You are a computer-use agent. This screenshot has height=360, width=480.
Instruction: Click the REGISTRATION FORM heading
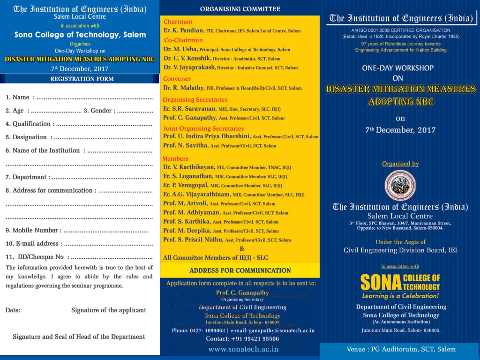pyautogui.click(x=82, y=79)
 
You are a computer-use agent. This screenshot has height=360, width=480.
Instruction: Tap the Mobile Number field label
pyautogui.click(x=32, y=230)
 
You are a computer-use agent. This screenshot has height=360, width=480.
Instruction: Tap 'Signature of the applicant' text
pyautogui.click(x=109, y=310)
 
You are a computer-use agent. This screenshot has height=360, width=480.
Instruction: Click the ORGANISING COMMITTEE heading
pyautogui.click(x=240, y=9)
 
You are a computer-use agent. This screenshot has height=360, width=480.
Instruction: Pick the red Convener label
pyautogui.click(x=177, y=79)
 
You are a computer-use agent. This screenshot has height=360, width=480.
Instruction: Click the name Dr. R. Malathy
pyautogui.click(x=182, y=88)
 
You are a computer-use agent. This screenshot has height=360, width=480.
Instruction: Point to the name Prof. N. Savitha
pyautogui.click(x=186, y=145)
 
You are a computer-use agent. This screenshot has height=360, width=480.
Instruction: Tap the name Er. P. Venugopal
pyautogui.click(x=186, y=185)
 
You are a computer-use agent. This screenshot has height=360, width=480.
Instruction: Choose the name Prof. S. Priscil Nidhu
pyautogui.click(x=193, y=240)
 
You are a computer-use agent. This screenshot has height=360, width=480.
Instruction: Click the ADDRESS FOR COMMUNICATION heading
pyautogui.click(x=240, y=270)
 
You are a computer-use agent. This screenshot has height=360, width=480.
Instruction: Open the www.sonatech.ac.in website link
pyautogui.click(x=243, y=349)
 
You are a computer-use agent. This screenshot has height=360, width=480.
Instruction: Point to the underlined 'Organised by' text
pyautogui.click(x=400, y=164)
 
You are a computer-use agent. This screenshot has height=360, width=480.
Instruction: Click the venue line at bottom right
pyautogui.click(x=401, y=349)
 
